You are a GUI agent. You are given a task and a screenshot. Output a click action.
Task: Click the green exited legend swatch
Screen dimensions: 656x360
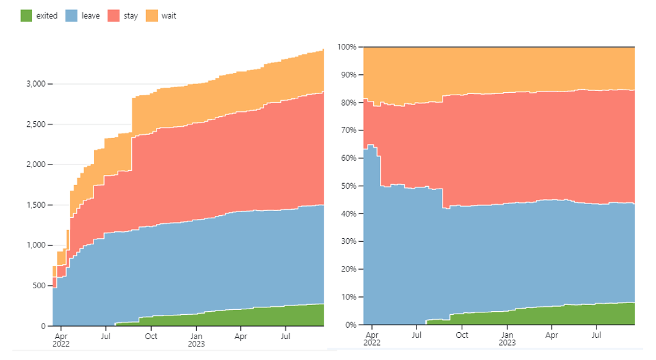pyautogui.click(x=27, y=16)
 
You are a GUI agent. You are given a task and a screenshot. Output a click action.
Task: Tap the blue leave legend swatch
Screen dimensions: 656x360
pyautogui.click(x=72, y=16)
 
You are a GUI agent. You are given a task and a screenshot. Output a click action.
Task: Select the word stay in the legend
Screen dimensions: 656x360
pyautogui.click(x=131, y=16)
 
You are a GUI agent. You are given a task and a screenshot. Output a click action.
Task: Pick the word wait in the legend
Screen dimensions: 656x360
pyautogui.click(x=168, y=16)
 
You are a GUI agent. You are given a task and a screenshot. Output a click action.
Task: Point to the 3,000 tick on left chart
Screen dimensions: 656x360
pyautogui.click(x=36, y=84)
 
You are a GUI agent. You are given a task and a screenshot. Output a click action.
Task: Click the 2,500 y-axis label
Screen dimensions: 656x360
pyautogui.click(x=36, y=124)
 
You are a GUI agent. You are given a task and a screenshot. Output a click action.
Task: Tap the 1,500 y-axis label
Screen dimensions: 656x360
pyautogui.click(x=36, y=205)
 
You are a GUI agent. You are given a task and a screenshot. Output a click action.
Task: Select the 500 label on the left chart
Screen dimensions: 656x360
pyautogui.click(x=39, y=286)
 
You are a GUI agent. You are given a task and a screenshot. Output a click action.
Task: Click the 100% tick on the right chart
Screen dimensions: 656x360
pyautogui.click(x=347, y=47)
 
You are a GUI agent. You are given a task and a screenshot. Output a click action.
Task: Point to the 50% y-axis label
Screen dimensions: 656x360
pyautogui.click(x=349, y=186)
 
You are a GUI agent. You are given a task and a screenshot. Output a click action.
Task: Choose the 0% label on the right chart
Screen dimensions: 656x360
pyautogui.click(x=351, y=325)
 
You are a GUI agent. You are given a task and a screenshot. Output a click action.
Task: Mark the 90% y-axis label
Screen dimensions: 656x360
pyautogui.click(x=349, y=75)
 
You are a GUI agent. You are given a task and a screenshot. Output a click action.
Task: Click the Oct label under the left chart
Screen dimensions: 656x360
pyautogui.click(x=151, y=336)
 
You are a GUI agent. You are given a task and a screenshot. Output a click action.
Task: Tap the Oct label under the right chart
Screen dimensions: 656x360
pyautogui.click(x=462, y=335)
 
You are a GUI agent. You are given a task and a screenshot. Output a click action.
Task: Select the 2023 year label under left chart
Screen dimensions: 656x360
pyautogui.click(x=196, y=344)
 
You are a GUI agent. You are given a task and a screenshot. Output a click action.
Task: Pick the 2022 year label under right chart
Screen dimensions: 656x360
pyautogui.click(x=372, y=343)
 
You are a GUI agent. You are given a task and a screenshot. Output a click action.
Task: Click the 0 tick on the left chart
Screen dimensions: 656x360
pyautogui.click(x=43, y=326)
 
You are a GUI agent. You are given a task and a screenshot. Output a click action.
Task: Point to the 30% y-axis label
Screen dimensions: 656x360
pyautogui.click(x=349, y=241)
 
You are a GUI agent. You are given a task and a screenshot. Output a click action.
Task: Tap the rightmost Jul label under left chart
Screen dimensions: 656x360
pyautogui.click(x=285, y=336)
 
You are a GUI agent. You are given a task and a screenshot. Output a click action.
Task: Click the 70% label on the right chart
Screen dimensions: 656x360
pyautogui.click(x=349, y=130)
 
